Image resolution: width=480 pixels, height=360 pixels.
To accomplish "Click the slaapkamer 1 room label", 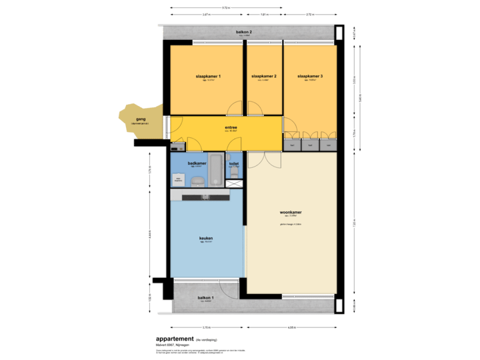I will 208,77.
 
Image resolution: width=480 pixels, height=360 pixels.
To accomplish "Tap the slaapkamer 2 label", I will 264,77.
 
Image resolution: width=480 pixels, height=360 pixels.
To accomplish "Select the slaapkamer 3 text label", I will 310,77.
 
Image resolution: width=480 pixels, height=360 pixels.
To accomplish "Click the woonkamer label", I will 291,213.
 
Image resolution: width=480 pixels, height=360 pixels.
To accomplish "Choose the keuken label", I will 206,238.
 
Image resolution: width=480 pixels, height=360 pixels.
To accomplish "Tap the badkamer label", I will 197,163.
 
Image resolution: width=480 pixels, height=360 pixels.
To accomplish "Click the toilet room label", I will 233,163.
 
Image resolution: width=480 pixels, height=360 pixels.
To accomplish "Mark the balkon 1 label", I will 205,297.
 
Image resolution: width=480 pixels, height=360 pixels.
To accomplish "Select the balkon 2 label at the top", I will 243,32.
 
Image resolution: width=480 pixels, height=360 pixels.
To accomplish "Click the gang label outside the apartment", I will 140,119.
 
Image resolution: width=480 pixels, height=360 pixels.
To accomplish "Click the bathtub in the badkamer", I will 217,175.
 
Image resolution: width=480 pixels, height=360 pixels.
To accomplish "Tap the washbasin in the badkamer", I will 198,181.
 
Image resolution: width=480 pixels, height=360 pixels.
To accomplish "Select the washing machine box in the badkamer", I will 178,179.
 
